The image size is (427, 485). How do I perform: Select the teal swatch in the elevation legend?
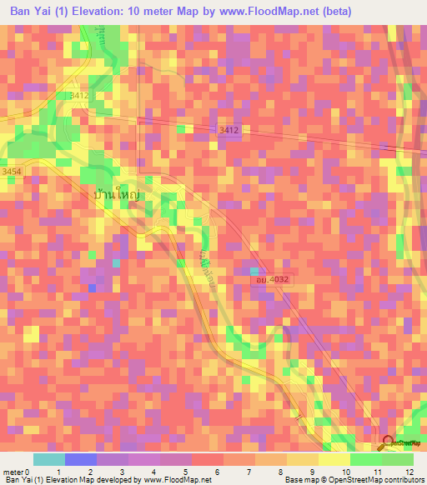pos(49,459)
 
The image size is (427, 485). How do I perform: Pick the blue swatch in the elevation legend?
pos(81,459)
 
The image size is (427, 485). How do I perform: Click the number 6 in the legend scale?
pos(217,471)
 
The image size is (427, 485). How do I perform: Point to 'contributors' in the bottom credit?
pos(404,480)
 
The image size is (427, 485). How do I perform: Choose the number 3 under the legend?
pos(122,471)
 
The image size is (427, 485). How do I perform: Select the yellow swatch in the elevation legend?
pos(334,459)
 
